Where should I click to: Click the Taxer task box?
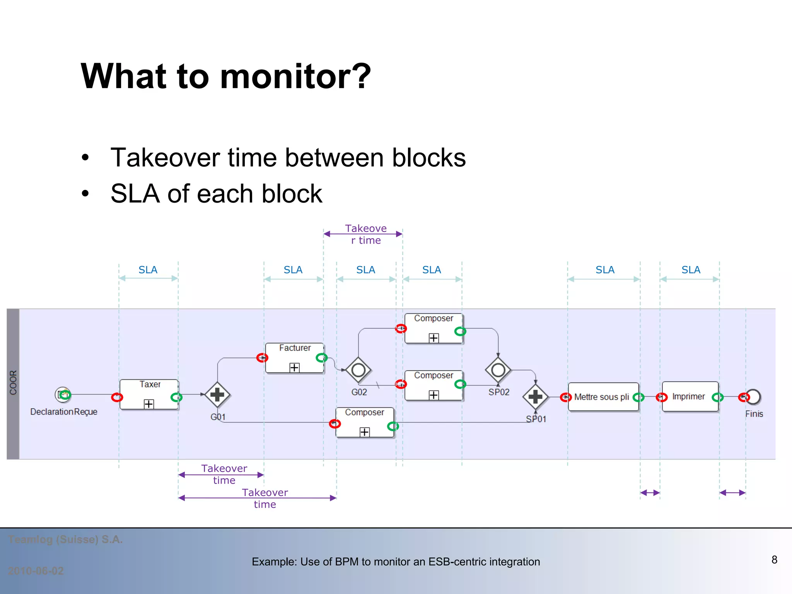pos(149,394)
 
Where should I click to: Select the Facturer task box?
pos(294,358)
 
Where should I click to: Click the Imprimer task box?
pos(690,396)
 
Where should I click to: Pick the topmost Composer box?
pos(434,328)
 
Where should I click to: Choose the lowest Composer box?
pos(365,422)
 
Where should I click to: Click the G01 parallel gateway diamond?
pos(217,394)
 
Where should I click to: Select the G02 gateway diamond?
pos(358,370)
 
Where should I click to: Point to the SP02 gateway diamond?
pos(498,370)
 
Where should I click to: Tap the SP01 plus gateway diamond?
pos(536,397)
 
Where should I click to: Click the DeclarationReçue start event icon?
pos(63,394)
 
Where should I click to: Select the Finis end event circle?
pos(753,397)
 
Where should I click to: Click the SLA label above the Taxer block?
pos(148,270)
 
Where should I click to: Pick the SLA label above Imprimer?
pos(691,270)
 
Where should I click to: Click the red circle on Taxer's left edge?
pos(117,397)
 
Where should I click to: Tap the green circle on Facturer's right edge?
pos(321,358)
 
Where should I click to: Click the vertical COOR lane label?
pos(13,382)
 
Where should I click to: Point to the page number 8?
pos(774,560)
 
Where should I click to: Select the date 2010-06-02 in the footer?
pos(36,571)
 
